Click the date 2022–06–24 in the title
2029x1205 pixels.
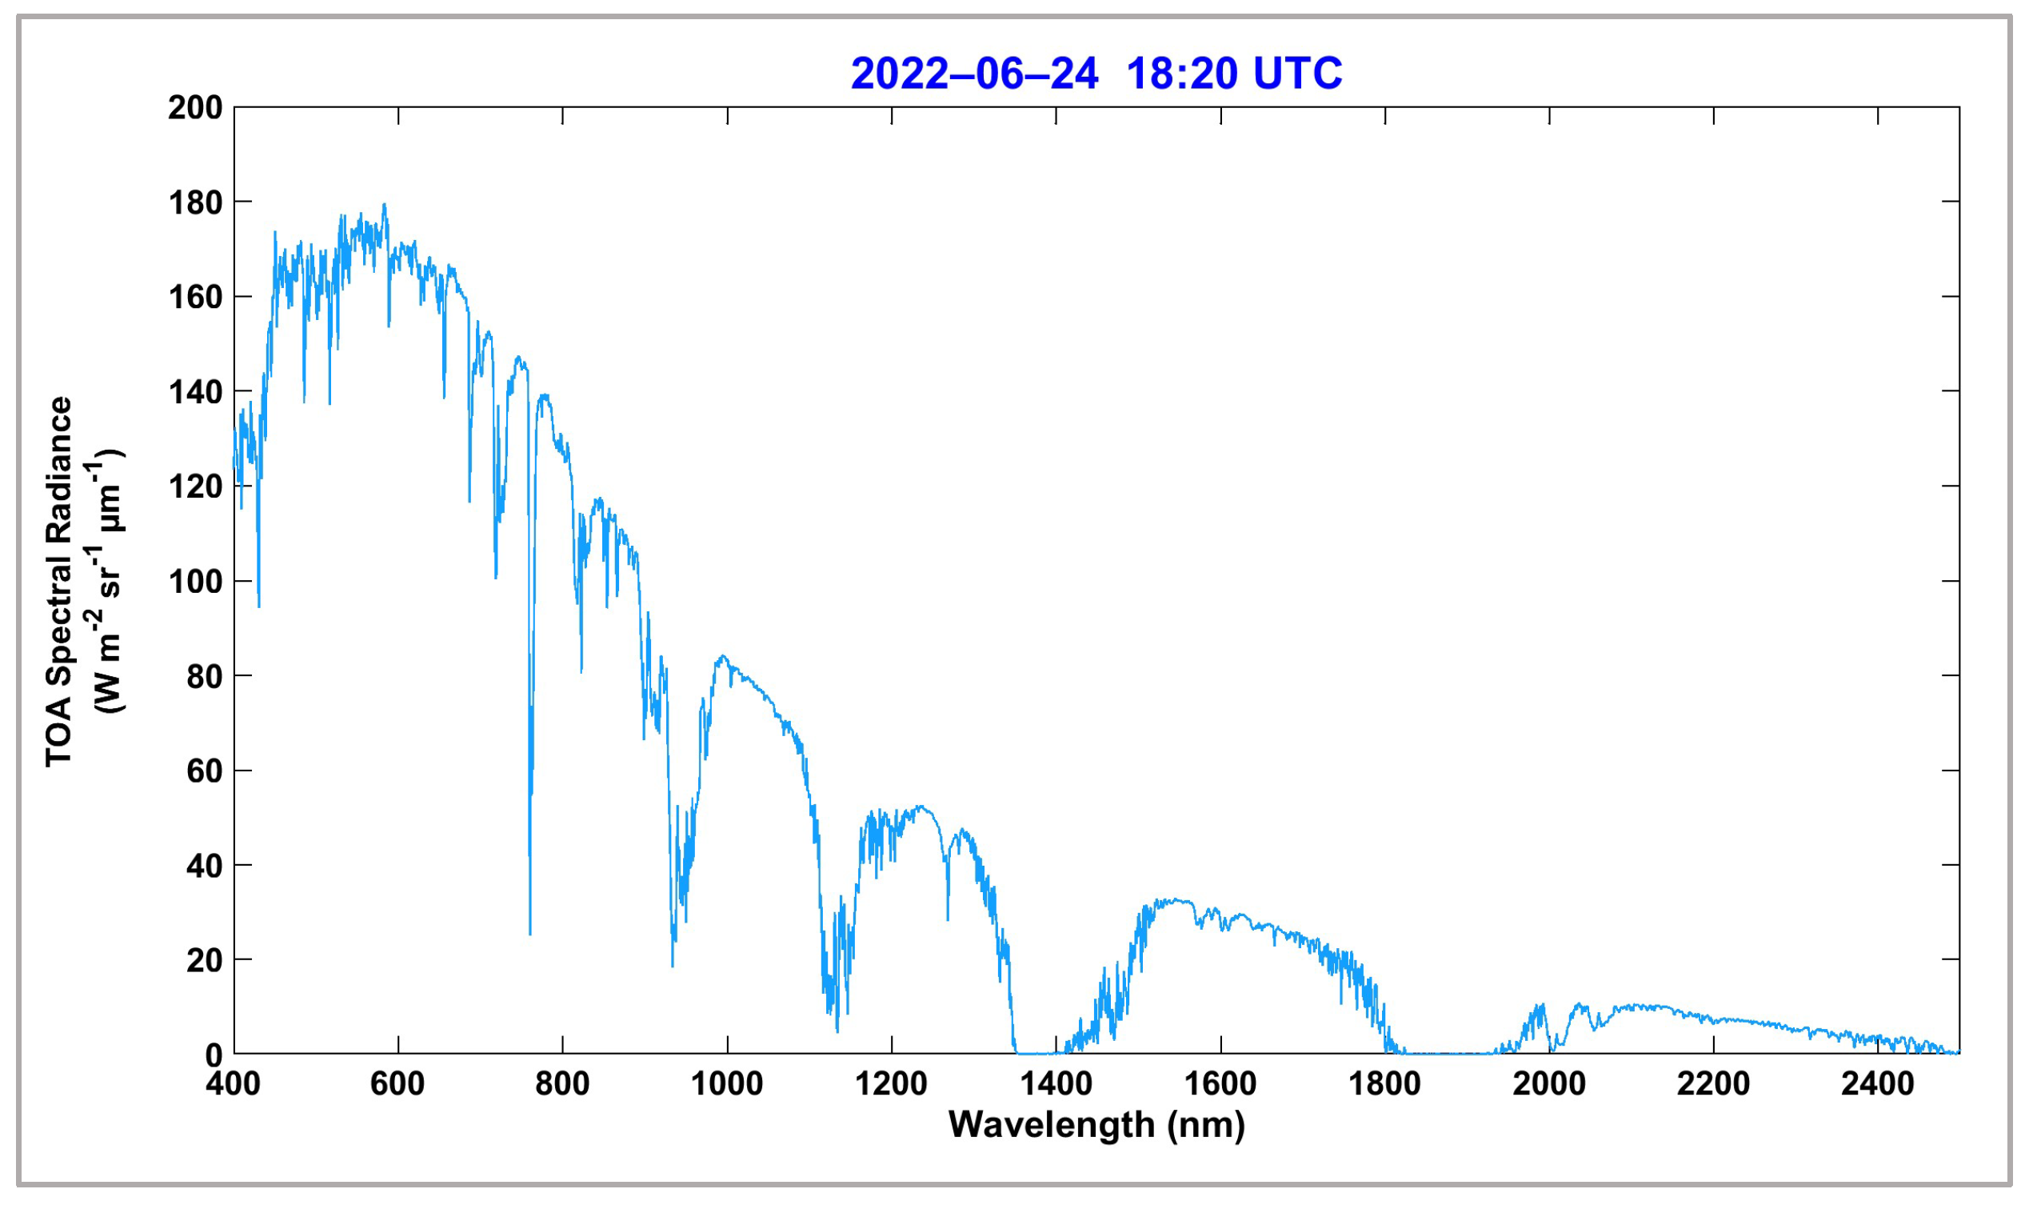coord(974,74)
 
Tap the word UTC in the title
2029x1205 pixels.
coord(1297,74)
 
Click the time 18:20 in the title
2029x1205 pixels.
coord(1182,74)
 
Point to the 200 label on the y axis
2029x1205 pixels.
coord(195,108)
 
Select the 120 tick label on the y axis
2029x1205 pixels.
coord(195,487)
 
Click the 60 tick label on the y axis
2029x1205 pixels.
coord(205,771)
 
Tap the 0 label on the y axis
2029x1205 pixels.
coord(214,1055)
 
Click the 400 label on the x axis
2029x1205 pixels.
coord(233,1084)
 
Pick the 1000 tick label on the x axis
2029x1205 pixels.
coord(726,1084)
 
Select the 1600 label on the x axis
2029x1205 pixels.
coord(1220,1084)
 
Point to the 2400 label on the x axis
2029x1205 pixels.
coord(1877,1084)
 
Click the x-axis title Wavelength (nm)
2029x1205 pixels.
coord(1096,1126)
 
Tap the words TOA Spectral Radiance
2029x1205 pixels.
coord(59,582)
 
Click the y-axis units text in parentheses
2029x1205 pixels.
coord(107,582)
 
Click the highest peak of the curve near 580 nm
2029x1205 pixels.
coord(384,206)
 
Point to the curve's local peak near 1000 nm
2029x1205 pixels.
coord(722,657)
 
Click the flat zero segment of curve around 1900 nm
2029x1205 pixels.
coord(1452,1054)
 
